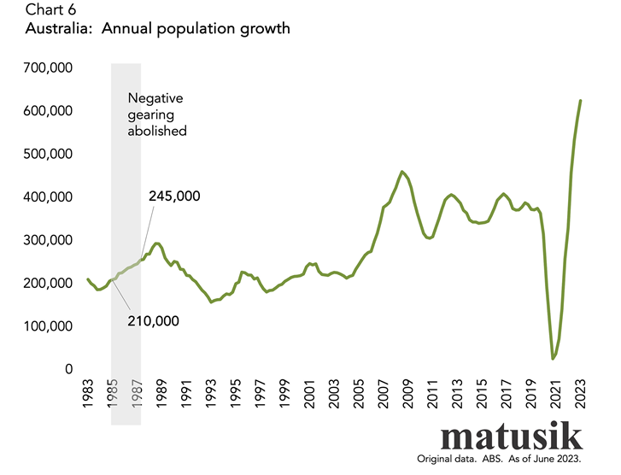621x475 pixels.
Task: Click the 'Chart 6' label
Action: click(x=33, y=9)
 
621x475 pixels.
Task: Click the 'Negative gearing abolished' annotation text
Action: click(x=157, y=115)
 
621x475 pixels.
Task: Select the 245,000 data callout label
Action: click(x=174, y=196)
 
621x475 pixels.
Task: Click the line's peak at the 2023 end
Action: click(x=581, y=101)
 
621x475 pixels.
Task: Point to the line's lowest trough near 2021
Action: click(x=553, y=359)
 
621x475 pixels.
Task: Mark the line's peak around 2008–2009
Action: click(x=401, y=172)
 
